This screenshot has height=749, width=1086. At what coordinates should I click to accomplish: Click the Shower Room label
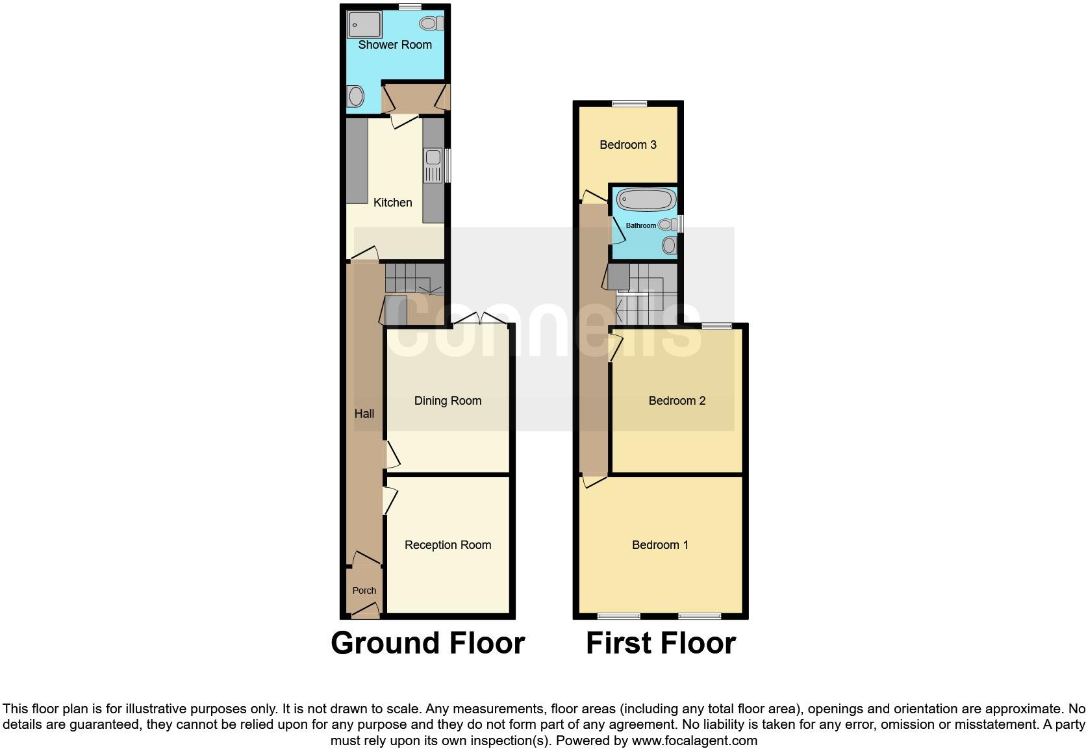coord(395,45)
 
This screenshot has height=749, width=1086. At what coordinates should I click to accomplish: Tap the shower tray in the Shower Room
coord(365,25)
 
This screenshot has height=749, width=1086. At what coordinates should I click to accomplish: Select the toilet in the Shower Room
coord(431,23)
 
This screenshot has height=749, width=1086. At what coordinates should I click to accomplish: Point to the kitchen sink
coord(432,166)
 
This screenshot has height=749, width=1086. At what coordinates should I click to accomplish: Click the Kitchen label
coord(392,203)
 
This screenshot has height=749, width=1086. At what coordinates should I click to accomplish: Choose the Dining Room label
coord(448,401)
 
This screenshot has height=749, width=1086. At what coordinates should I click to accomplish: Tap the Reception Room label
coord(448,545)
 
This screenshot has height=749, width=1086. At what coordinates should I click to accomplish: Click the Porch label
coord(364,590)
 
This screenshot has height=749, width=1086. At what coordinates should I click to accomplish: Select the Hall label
coord(364,414)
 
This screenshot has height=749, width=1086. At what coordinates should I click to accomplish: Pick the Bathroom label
coord(640,225)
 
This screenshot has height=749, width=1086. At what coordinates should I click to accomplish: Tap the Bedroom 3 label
coord(627,145)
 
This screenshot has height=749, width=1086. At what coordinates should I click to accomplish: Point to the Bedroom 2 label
coord(677,401)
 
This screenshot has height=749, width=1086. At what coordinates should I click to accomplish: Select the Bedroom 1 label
coord(660,545)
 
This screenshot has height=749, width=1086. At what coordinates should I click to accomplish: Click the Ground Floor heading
coord(427,643)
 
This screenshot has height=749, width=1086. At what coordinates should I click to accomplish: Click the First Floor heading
coord(661,643)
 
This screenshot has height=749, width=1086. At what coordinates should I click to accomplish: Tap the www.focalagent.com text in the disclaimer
coord(694,741)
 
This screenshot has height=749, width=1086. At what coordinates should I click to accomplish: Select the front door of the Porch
coord(365,611)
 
